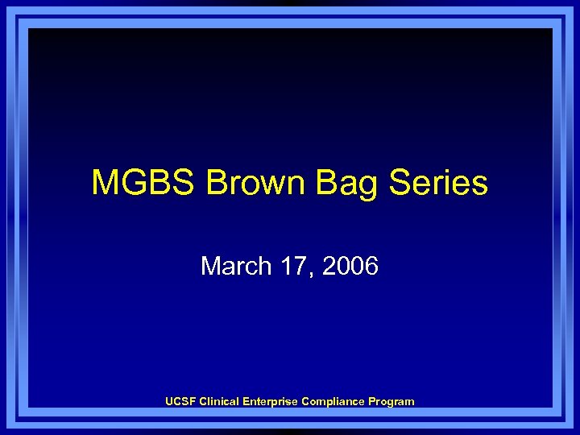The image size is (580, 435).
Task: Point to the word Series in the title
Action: [x=439, y=183]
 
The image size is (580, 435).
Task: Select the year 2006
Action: [x=350, y=266]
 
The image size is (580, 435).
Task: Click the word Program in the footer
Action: [x=390, y=401]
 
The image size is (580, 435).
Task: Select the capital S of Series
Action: [x=401, y=183]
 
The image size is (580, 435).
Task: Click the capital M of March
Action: [x=209, y=266]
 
